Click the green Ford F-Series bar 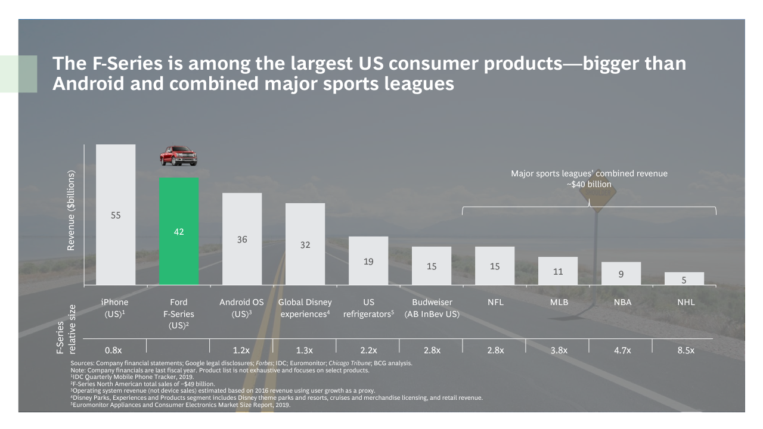click(179, 231)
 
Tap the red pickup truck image click(178, 156)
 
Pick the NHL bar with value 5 click(684, 279)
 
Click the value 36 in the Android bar click(242, 240)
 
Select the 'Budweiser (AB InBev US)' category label click(432, 308)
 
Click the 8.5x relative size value click(686, 350)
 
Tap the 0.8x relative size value click(114, 350)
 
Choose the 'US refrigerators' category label click(368, 308)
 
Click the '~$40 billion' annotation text click(589, 184)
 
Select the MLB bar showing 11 click(558, 271)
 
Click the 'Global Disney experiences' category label click(305, 308)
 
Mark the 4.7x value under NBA click(622, 350)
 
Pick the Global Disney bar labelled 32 click(305, 244)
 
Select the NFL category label click(495, 302)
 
